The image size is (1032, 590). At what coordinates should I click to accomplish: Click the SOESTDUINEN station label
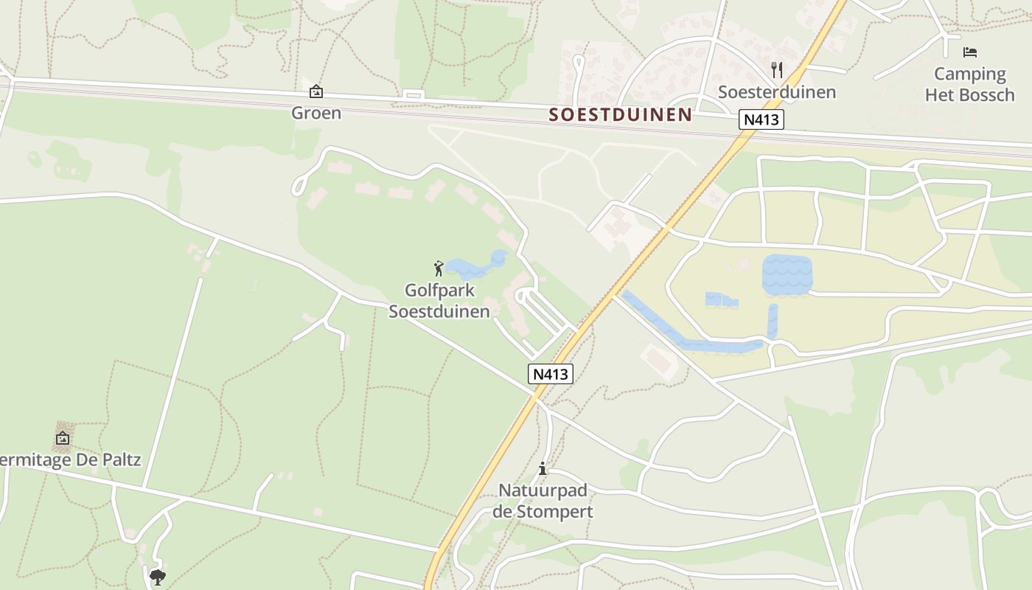620,115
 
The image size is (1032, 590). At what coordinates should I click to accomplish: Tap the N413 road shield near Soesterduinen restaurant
761,119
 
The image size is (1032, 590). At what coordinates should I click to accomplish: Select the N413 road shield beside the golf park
551,374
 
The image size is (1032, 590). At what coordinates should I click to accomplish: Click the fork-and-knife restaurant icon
776,70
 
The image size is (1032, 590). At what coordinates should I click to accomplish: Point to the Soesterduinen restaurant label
777,92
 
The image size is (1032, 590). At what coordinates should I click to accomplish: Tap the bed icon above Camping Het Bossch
970,52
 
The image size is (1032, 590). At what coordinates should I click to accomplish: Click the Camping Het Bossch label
970,84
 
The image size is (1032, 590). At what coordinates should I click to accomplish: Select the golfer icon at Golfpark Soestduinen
439,268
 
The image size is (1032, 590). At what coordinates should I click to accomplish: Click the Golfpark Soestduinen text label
439,301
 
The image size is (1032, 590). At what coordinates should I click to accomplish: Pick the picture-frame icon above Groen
316,91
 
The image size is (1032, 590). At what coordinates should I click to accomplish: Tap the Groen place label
316,113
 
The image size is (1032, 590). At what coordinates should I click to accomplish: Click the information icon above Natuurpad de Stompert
543,468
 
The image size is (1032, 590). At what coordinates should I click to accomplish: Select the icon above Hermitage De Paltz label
63,438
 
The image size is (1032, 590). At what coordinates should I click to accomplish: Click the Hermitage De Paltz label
70,460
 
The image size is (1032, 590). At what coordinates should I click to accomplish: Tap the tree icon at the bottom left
157,577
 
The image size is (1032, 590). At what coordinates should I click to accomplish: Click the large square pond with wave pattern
787,274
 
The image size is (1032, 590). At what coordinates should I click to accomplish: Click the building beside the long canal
658,359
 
